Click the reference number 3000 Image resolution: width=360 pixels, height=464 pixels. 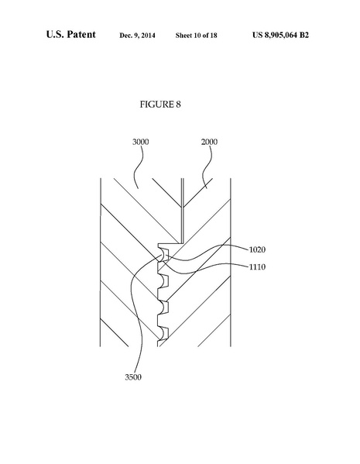pos(141,142)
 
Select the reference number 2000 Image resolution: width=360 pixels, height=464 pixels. pos(209,142)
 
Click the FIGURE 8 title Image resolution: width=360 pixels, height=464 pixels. pos(161,103)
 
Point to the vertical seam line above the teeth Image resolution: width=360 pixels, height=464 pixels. pos(180,209)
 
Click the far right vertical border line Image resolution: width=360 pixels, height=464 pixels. pos(231,263)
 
